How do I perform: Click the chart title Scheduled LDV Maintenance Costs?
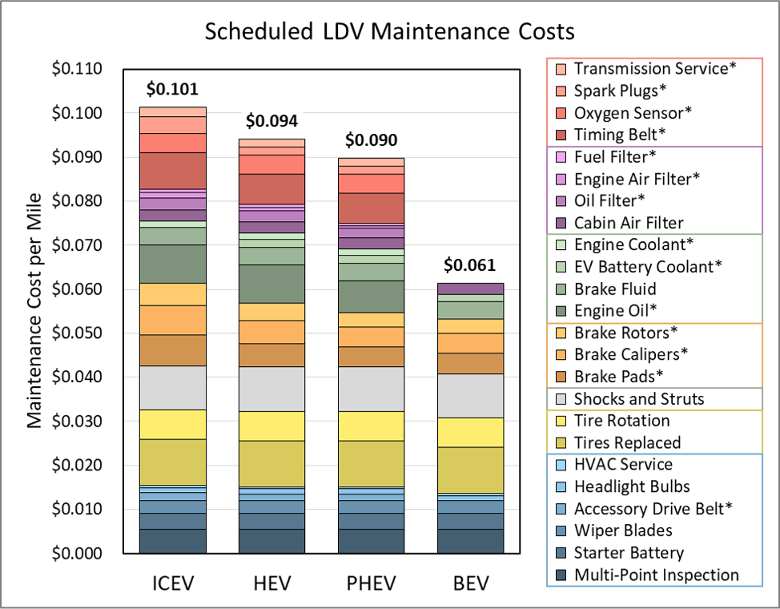pyautogui.click(x=389, y=32)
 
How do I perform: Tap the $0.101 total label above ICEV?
pyautogui.click(x=172, y=89)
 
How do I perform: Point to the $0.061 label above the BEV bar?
pyautogui.click(x=470, y=265)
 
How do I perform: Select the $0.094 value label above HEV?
pyautogui.click(x=271, y=121)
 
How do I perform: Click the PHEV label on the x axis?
pyautogui.click(x=370, y=582)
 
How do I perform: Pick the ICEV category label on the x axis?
pyautogui.click(x=172, y=582)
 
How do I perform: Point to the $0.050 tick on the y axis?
pyautogui.click(x=77, y=333)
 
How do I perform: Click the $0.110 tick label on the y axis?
pyautogui.click(x=77, y=70)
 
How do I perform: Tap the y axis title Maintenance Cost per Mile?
pyautogui.click(x=35, y=311)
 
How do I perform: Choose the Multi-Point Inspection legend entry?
pyautogui.click(x=657, y=575)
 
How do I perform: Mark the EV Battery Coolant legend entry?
pyautogui.click(x=648, y=266)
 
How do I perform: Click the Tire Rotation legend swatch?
pyautogui.click(x=560, y=421)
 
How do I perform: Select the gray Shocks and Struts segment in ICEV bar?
pyautogui.click(x=172, y=388)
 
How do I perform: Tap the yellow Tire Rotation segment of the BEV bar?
pyautogui.click(x=470, y=432)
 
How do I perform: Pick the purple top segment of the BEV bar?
pyautogui.click(x=470, y=288)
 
